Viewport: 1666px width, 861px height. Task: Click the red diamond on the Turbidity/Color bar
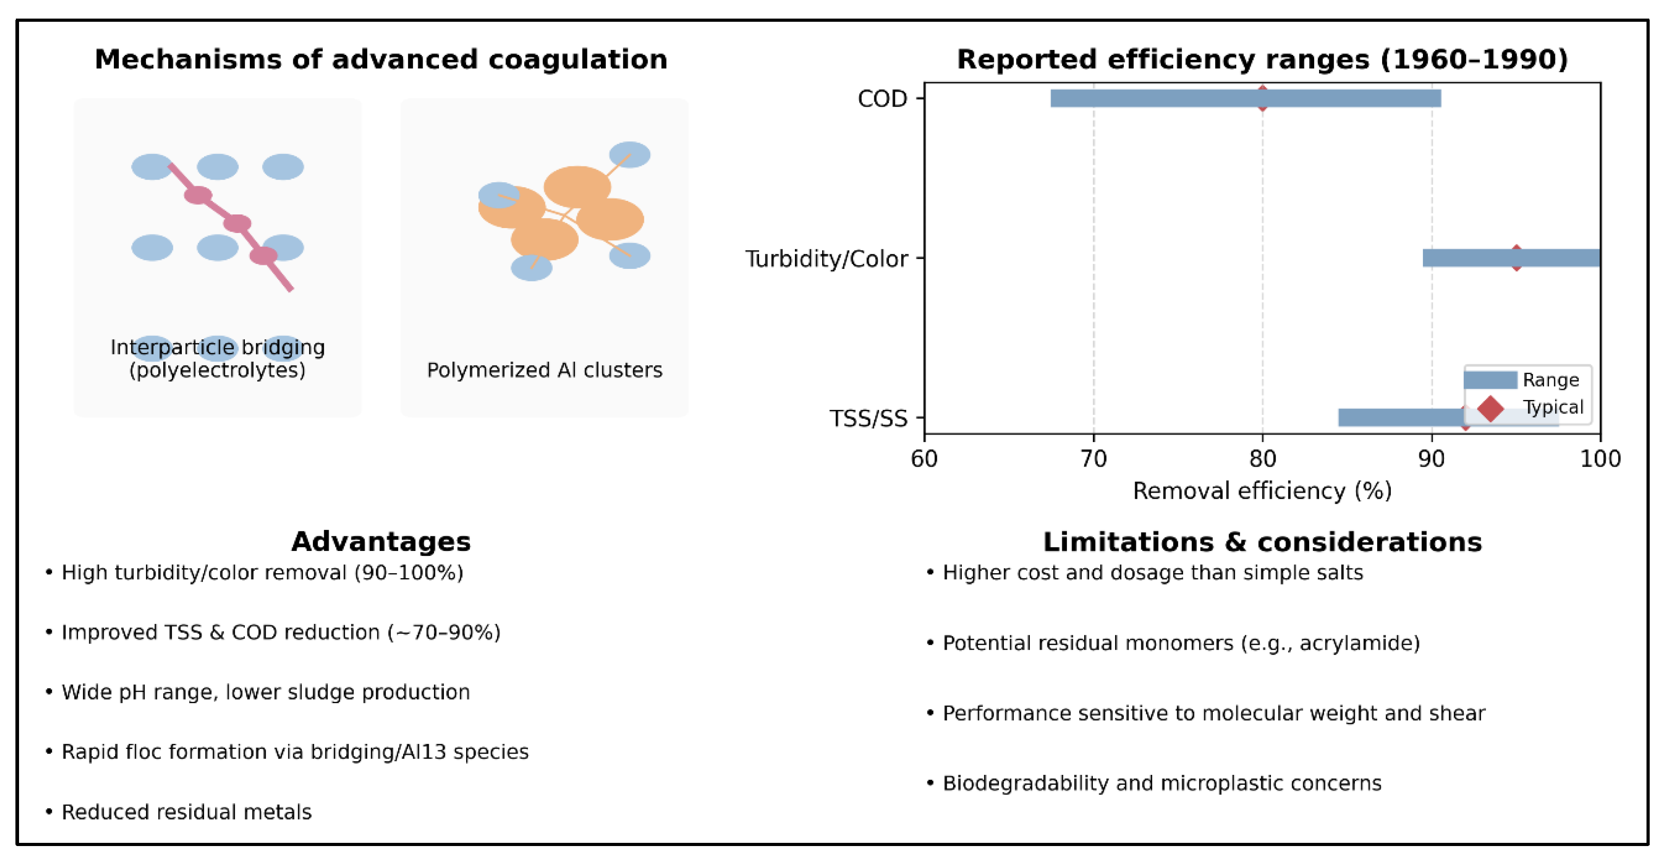(x=1516, y=258)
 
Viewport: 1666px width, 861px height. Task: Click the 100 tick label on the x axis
(x=1600, y=459)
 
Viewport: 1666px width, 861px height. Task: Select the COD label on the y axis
(x=882, y=99)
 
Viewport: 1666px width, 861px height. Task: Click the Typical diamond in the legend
(x=1490, y=408)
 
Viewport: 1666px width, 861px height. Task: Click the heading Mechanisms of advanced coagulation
(x=381, y=59)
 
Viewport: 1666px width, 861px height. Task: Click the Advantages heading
(x=381, y=541)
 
